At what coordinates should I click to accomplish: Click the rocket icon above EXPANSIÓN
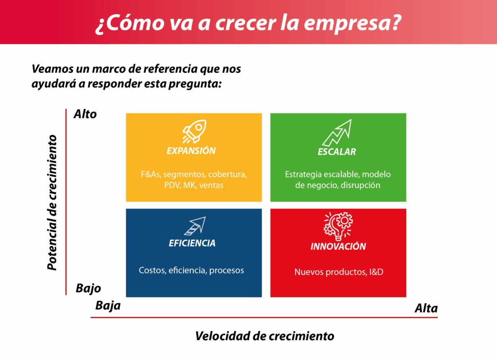[194, 131]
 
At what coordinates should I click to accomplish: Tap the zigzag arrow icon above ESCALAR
[337, 132]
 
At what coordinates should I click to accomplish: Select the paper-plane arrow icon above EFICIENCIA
[195, 226]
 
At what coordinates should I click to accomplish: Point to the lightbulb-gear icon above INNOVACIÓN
[338, 226]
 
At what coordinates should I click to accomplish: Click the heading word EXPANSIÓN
[191, 151]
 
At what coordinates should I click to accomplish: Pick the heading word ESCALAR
[337, 152]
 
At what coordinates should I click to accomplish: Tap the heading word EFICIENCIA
[192, 243]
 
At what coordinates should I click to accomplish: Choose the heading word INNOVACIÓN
[338, 246]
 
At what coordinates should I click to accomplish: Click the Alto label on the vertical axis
[85, 114]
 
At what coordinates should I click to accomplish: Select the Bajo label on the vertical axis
[88, 288]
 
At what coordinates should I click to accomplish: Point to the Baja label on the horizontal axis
[108, 306]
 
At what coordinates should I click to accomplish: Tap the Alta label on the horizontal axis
[426, 308]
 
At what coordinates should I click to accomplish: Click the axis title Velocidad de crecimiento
[265, 336]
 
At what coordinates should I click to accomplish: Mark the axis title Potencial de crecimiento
[52, 202]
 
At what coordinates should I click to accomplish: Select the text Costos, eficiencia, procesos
[191, 270]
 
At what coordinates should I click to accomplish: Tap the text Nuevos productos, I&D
[339, 272]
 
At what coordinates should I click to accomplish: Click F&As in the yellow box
[150, 174]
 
